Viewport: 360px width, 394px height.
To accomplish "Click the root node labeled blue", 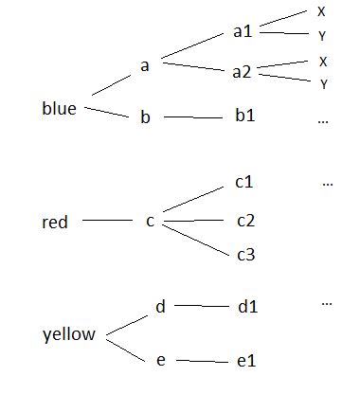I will (59, 108).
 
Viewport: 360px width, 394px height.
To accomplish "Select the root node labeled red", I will (55, 224).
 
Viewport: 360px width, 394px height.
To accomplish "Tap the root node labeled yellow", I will (69, 335).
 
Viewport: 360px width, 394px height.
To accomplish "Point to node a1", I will (243, 30).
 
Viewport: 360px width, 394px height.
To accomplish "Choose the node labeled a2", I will (243, 72).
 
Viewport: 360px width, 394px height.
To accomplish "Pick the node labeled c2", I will (246, 222).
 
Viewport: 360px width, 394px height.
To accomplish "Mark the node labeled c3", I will (246, 254).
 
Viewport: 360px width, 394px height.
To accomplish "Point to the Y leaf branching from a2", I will (324, 83).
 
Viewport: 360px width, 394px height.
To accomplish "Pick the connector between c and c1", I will (195, 200).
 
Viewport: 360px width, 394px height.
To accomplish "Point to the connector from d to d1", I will (201, 306).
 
